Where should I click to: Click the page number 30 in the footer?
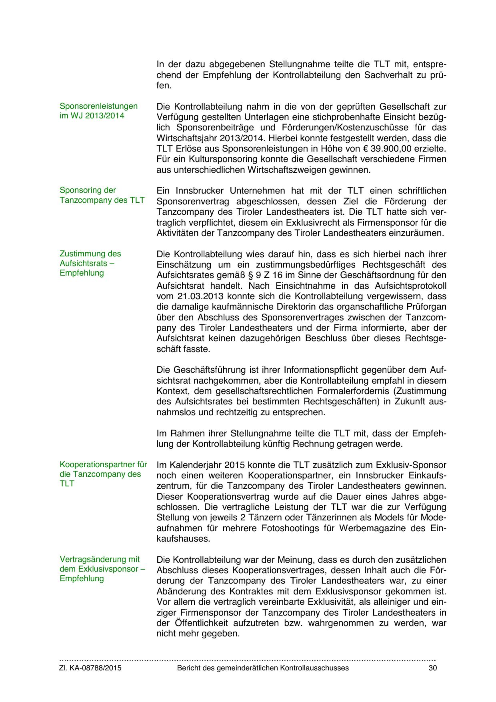[432, 668]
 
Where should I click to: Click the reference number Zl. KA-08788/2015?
[90, 668]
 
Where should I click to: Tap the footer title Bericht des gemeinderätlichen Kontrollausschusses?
[263, 668]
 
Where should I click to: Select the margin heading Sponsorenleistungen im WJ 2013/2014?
[98, 111]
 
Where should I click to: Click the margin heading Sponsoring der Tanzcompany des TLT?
[102, 195]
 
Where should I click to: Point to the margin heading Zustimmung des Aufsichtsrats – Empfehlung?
[90, 263]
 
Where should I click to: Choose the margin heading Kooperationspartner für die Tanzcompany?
[103, 474]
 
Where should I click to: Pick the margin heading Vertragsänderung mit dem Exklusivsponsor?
[102, 569]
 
